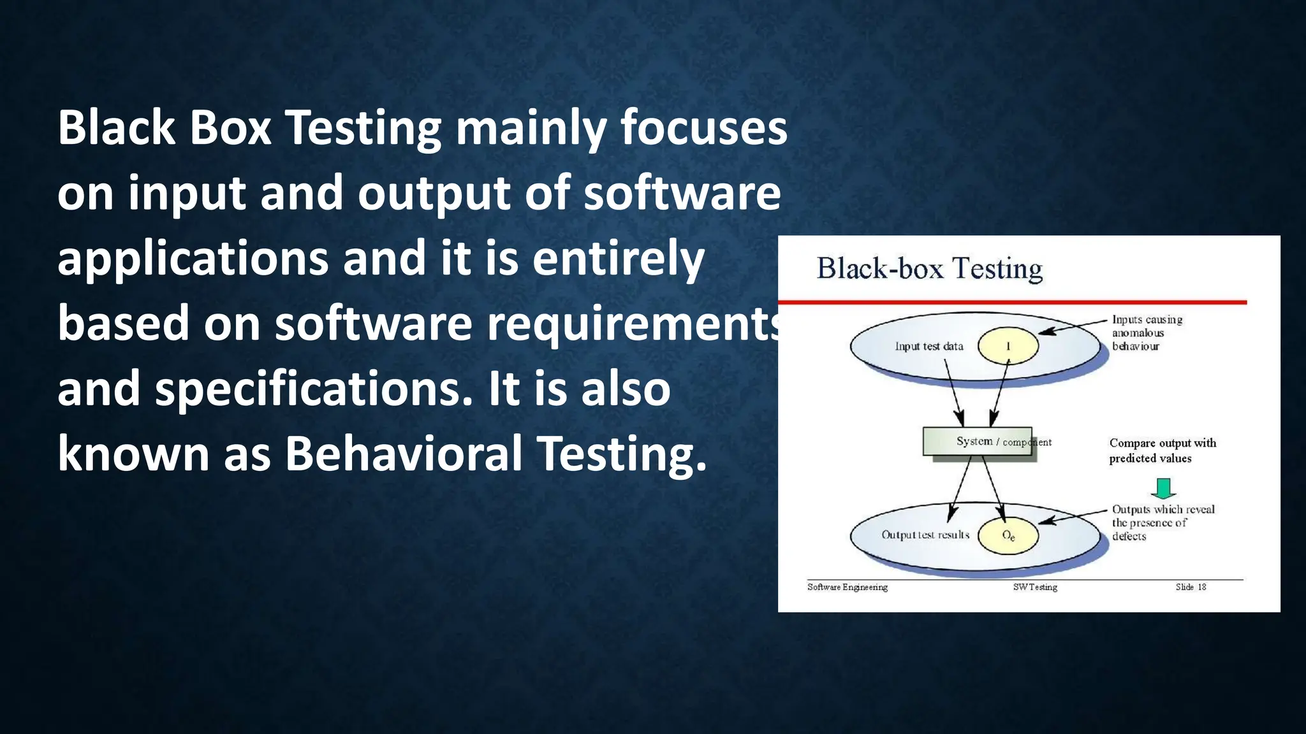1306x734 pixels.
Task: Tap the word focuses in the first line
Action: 703,127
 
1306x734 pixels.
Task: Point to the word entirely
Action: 618,258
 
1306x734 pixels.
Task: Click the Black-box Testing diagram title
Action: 929,269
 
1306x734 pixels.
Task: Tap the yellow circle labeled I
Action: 1008,346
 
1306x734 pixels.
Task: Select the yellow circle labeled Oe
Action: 1008,535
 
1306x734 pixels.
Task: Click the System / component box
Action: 977,441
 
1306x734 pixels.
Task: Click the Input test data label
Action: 928,346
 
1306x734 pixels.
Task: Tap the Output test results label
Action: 925,535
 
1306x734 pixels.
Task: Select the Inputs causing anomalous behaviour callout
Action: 1146,333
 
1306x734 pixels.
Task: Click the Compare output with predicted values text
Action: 1162,450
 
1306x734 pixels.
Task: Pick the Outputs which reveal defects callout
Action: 1162,522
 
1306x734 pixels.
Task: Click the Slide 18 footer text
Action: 1190,587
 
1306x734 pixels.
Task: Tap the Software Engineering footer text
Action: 847,587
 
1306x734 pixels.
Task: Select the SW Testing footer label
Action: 1034,587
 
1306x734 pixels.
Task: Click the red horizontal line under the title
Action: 1012,302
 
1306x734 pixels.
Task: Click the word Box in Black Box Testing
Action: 230,127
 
